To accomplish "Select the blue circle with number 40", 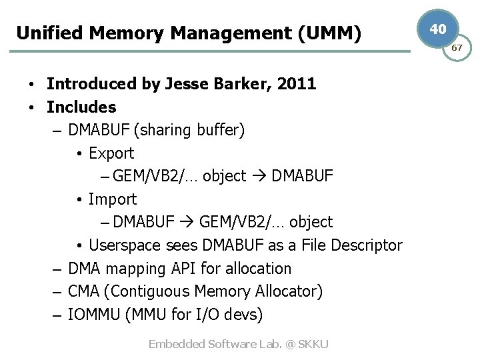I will click(x=438, y=29).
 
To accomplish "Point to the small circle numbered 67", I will click(x=457, y=48).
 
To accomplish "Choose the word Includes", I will click(x=81, y=107).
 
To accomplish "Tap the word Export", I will click(x=111, y=153).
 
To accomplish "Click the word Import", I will click(x=113, y=199).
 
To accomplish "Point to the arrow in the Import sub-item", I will click(x=187, y=222).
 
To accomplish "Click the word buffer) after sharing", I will click(x=221, y=130).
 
